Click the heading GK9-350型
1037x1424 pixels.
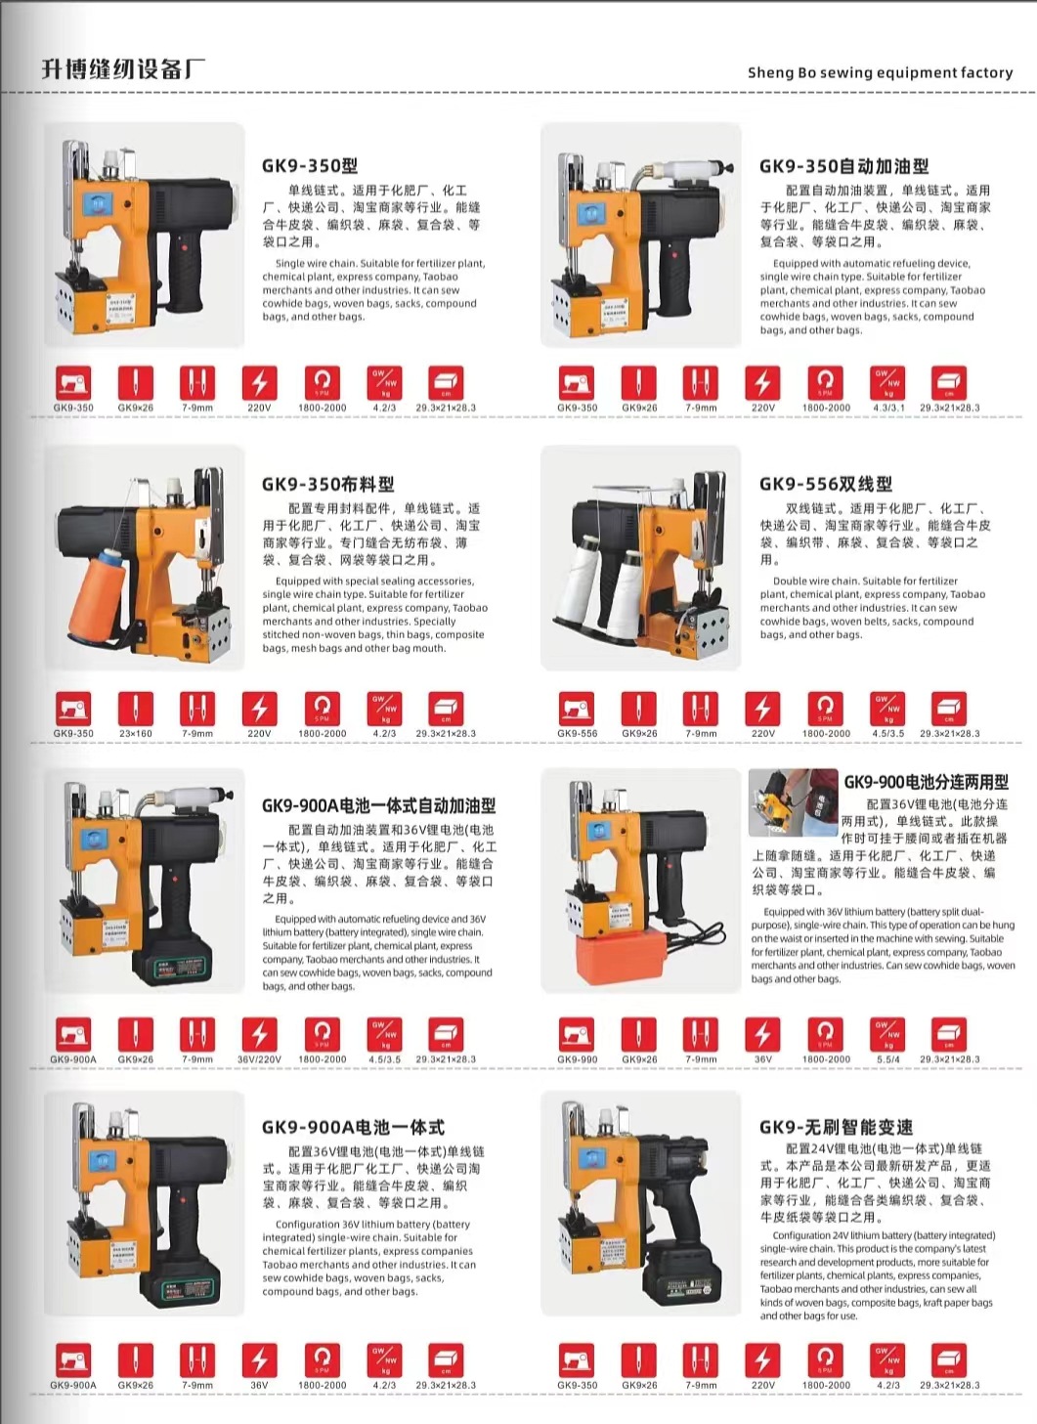point(310,165)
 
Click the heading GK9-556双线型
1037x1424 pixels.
point(825,484)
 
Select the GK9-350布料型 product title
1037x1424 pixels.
point(327,484)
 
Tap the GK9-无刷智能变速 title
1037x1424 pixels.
point(836,1127)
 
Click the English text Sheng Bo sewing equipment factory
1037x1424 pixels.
point(880,72)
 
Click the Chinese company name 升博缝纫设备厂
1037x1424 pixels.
point(123,69)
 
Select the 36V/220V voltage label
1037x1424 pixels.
point(259,1059)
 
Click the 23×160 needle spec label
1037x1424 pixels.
point(136,733)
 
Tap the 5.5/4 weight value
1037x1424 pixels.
point(888,1059)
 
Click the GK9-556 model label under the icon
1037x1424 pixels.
point(577,733)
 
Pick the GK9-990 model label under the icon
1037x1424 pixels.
point(577,1059)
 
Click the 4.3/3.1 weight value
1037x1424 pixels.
point(888,408)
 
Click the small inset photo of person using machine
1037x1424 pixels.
point(793,801)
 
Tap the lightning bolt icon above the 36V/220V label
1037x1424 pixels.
point(259,1032)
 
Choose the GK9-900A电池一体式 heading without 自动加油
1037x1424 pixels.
point(353,1127)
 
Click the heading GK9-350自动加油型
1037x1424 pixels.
point(843,165)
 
